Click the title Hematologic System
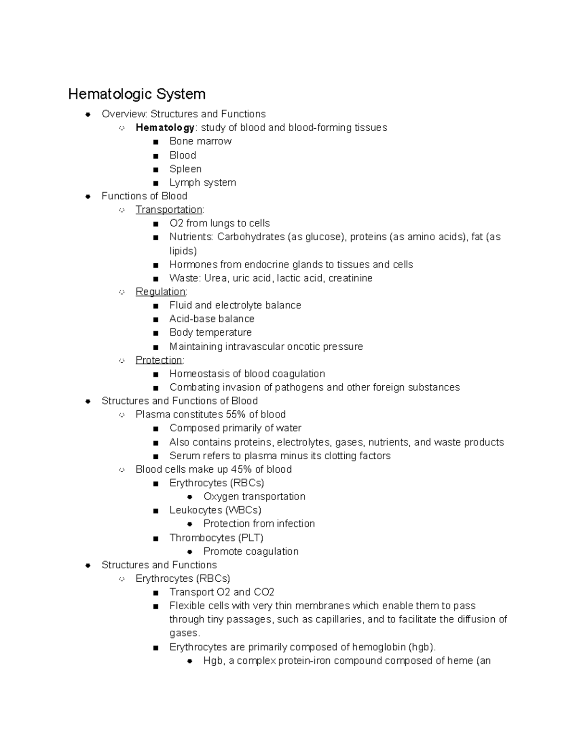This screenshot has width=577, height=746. tap(137, 94)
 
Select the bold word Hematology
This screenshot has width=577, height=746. tap(165, 128)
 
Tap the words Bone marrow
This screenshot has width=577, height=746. tap(200, 141)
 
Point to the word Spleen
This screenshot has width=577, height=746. tap(185, 169)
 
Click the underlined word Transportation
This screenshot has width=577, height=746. tap(169, 210)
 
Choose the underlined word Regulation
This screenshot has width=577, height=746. tap(160, 292)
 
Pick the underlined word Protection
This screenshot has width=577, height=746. tap(159, 360)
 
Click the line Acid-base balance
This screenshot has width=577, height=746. tap(212, 319)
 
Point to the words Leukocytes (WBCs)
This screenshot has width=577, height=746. tap(215, 510)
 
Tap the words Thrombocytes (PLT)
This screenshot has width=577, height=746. tap(216, 538)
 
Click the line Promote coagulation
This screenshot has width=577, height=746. tap(251, 551)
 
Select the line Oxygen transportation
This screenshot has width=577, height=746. tap(254, 497)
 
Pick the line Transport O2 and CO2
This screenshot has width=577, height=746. tap(222, 592)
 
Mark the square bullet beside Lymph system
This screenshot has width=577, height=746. tap(155, 183)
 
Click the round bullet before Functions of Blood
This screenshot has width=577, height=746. tap(88, 196)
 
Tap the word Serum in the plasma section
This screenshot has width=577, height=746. tap(182, 456)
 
